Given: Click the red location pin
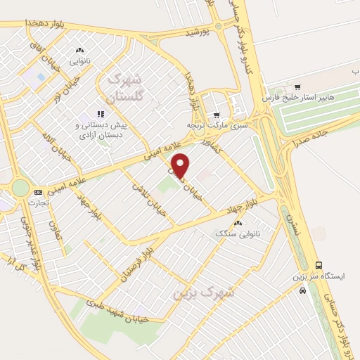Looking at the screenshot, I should (181, 165).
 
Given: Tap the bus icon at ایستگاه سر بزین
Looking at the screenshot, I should (320, 265).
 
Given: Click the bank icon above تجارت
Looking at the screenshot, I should (38, 192).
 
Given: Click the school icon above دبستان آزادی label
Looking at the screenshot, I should (101, 112).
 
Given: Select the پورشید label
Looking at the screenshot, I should (198, 32).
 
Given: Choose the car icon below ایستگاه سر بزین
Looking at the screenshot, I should (302, 290).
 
